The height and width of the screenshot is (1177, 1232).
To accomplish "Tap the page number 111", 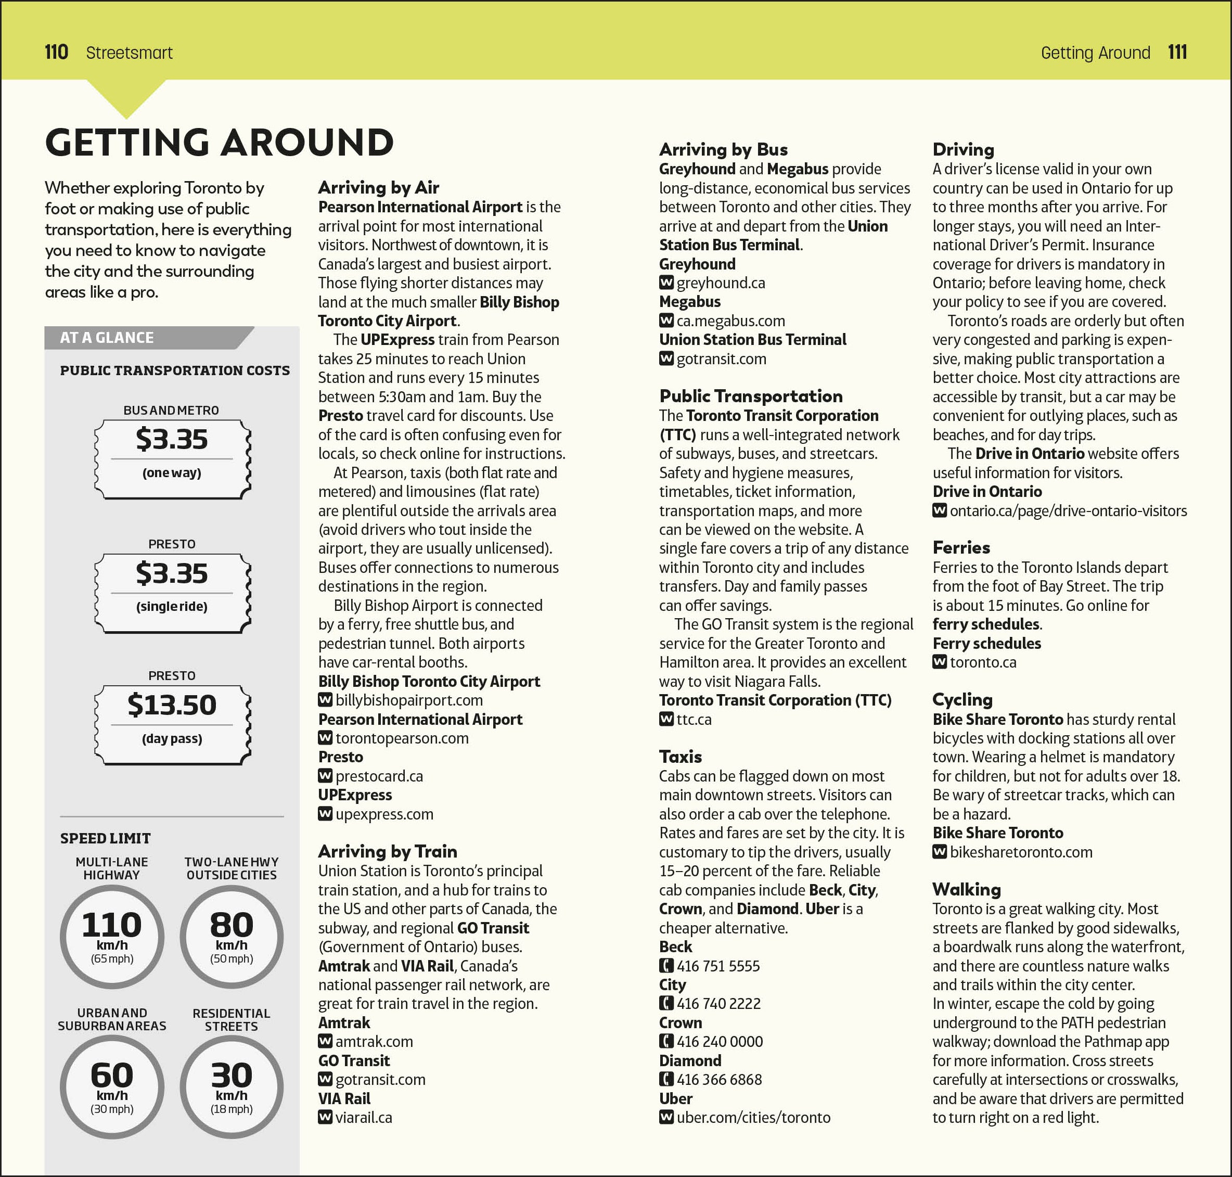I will coord(1177,52).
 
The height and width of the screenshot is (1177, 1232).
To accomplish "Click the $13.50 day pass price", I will coord(172,705).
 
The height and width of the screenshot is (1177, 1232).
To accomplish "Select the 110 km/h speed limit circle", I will coord(112,936).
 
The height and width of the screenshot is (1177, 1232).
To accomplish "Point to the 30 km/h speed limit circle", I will coord(232,1086).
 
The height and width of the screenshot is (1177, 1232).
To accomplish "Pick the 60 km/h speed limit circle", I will coord(112,1086).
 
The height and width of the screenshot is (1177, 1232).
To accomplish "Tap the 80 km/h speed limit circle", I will coord(232,936).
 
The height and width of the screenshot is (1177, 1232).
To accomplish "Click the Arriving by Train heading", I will coord(387,851).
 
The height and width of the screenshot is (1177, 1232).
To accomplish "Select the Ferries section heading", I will coord(961,548).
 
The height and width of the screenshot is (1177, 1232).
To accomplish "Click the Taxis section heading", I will coord(680,757).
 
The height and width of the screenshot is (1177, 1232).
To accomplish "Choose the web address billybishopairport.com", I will coord(408,700).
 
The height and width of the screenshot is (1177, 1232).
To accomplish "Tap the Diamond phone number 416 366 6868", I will coord(719,1079).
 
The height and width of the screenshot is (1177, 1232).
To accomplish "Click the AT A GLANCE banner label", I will coord(107,338).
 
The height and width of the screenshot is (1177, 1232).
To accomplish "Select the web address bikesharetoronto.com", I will coord(1021,852).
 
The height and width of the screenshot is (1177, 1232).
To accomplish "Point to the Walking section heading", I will coord(966,890).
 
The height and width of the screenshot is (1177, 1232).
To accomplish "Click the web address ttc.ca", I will coord(694,720).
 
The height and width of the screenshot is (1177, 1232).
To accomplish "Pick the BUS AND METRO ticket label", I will coord(171,411).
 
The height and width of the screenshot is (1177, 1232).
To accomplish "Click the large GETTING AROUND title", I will coord(220,143).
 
